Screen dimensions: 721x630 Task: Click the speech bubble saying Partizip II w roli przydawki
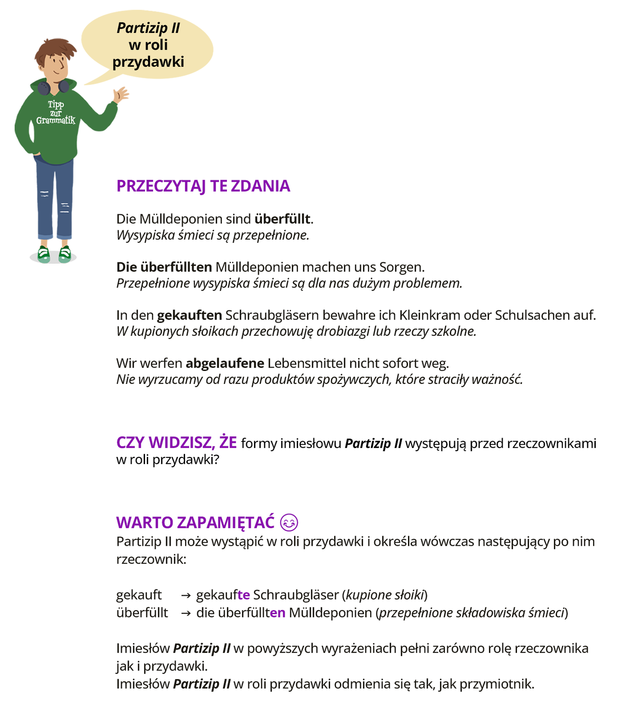pos(148,45)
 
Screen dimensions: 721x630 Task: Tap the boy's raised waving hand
pos(121,95)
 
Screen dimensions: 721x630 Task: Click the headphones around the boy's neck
pos(53,87)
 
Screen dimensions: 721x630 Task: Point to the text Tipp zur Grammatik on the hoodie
pos(56,113)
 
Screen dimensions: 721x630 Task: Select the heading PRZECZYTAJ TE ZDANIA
pos(203,186)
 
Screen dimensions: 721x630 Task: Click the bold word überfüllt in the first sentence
pos(282,219)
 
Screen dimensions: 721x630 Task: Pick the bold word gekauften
pos(189,315)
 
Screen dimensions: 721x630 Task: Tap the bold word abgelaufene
pos(225,363)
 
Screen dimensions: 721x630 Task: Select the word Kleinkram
pos(429,315)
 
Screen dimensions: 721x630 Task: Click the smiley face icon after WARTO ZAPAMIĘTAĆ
pos(289,523)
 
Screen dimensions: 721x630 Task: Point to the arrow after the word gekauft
pos(186,595)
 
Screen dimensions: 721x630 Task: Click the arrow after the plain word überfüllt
pos(186,613)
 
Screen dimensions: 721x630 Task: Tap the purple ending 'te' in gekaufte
pos(244,595)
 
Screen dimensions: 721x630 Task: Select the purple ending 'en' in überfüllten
pos(277,613)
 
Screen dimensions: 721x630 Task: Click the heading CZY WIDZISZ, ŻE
pos(177,443)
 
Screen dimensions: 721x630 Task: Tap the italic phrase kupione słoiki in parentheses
pos(385,595)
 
